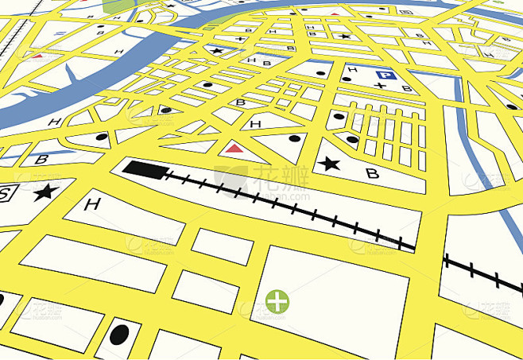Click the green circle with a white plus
[x=277, y=301]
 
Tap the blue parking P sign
[x=385, y=76]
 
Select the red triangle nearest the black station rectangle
[x=233, y=148]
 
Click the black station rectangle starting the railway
[x=144, y=168]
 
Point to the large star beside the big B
[x=327, y=164]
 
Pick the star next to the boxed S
[x=46, y=191]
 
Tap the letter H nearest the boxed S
[x=92, y=205]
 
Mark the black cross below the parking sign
[x=381, y=85]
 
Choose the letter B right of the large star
[x=371, y=173]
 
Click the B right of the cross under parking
[x=406, y=88]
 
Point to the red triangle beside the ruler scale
[x=37, y=56]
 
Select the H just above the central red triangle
[x=255, y=125]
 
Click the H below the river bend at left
[x=54, y=122]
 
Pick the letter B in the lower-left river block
[x=42, y=160]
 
